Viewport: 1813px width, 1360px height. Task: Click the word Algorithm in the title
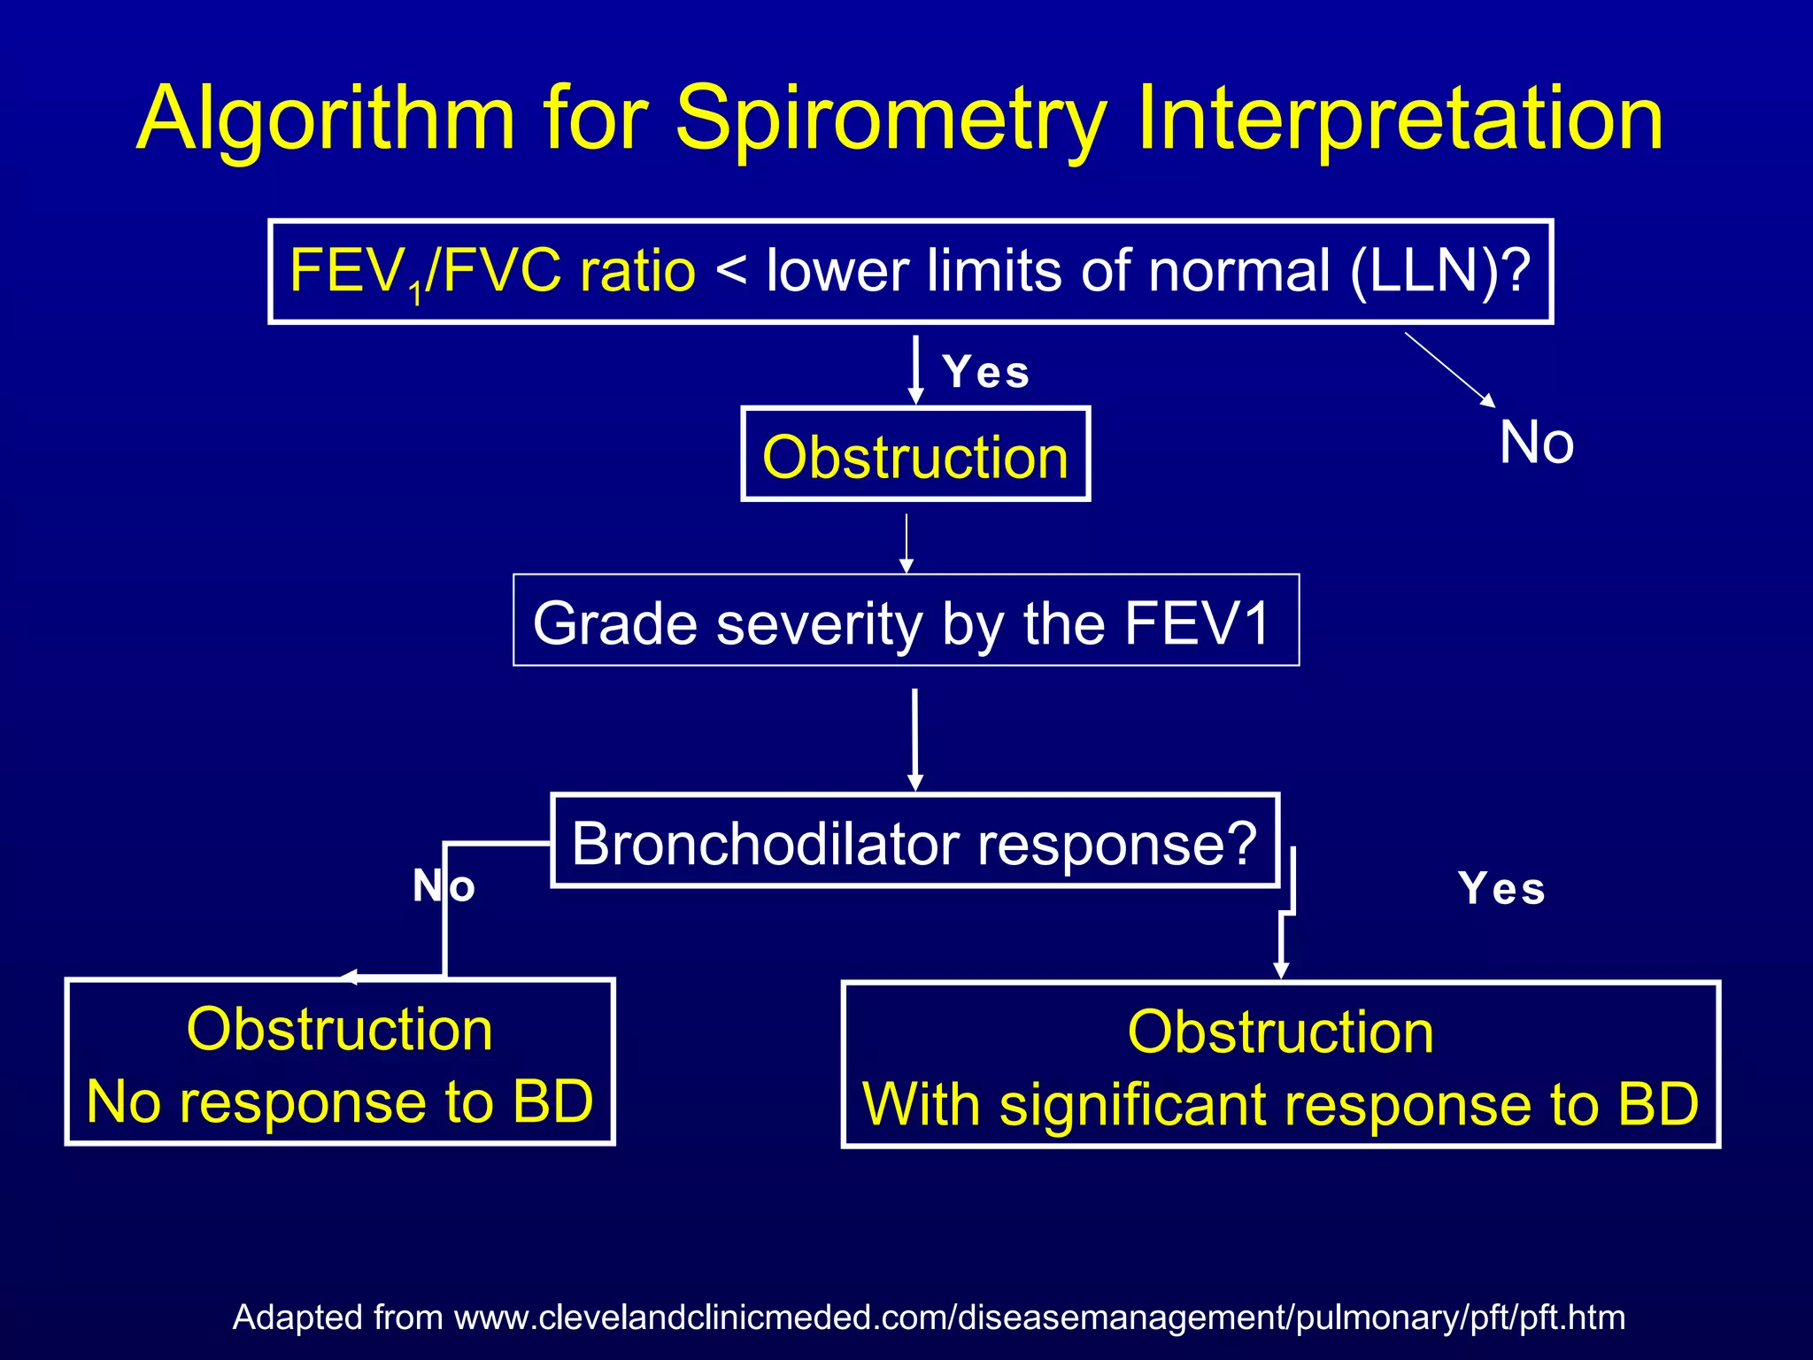click(326, 120)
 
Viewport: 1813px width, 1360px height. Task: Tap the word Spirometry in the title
click(891, 120)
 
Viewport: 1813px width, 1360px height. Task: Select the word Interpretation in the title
click(1399, 120)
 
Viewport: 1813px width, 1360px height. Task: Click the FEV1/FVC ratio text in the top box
click(492, 271)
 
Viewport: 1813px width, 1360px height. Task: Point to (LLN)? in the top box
click(1440, 271)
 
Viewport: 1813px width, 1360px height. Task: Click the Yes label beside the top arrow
click(986, 372)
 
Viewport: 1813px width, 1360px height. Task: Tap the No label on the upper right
click(1536, 443)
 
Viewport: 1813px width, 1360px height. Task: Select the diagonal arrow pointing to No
click(1450, 369)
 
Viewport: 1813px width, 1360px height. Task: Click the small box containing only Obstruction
click(915, 455)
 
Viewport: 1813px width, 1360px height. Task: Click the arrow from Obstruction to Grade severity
click(906, 542)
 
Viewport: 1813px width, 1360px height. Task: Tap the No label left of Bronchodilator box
click(444, 885)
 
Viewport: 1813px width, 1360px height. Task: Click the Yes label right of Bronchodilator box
click(1501, 889)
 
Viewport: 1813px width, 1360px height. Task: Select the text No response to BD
click(340, 1102)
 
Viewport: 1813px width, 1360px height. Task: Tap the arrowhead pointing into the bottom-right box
click(1280, 970)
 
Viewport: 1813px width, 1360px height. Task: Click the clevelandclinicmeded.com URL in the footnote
click(1039, 1317)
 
